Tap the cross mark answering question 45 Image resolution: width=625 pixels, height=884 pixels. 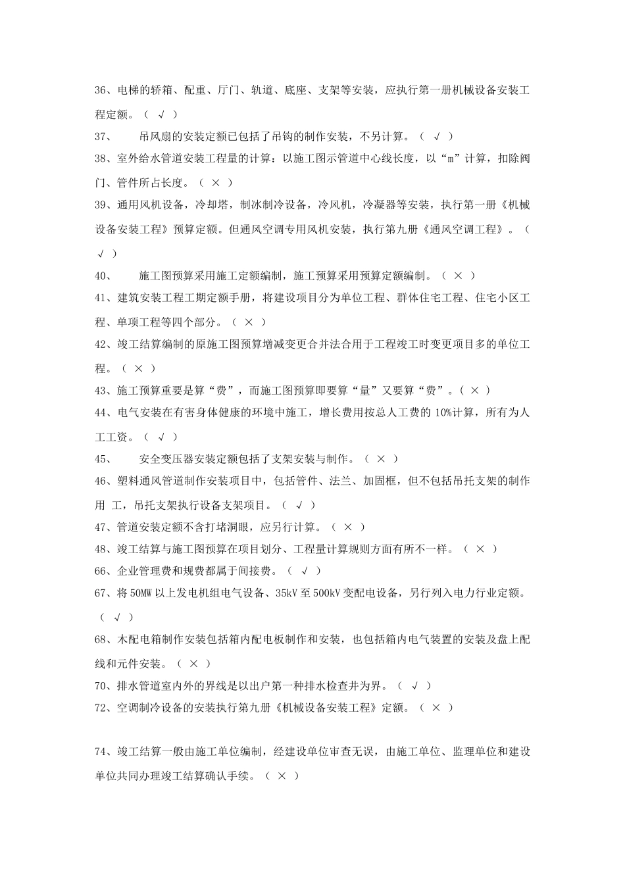point(381,459)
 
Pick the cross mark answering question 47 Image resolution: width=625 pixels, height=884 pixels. point(348,527)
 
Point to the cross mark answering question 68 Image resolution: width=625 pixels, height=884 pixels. point(194,664)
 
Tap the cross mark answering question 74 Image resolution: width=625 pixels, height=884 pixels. point(282,776)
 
